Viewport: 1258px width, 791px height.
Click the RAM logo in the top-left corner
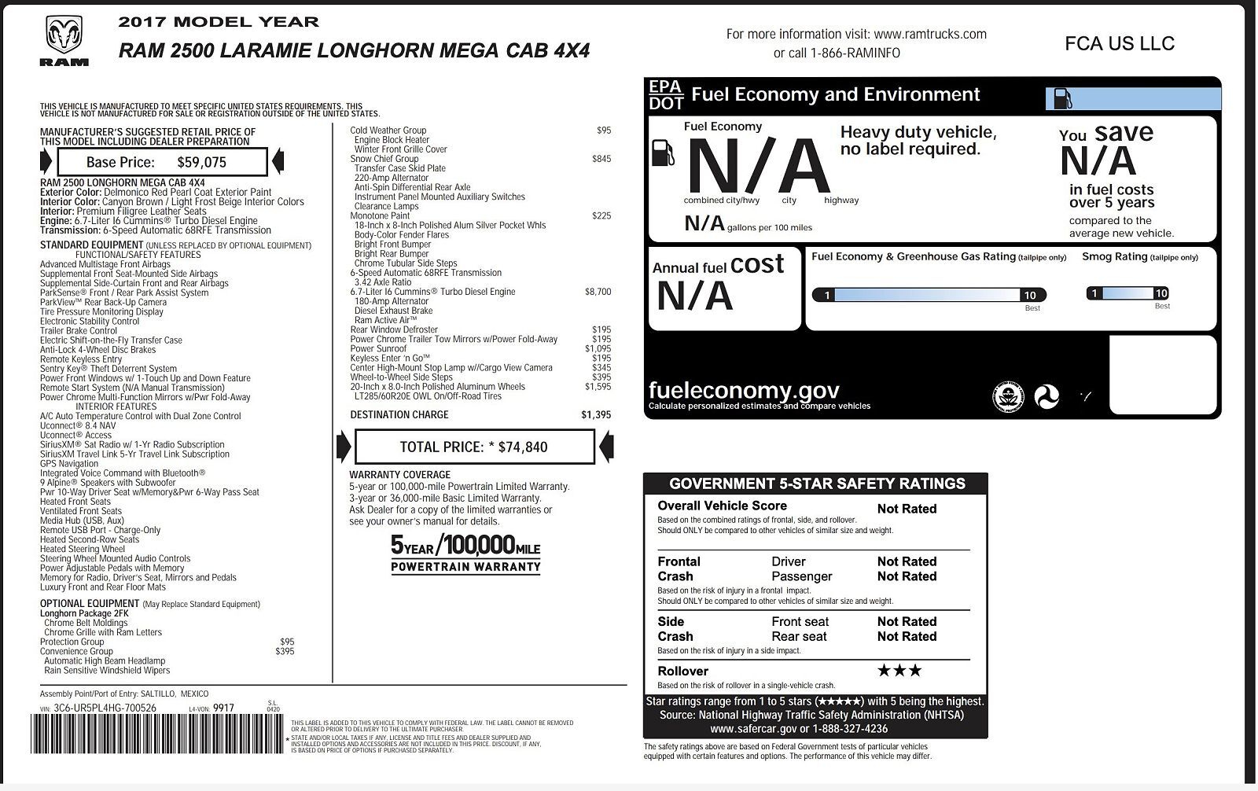click(64, 41)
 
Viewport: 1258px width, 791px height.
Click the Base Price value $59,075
click(201, 163)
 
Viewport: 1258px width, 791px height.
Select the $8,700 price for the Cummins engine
click(598, 292)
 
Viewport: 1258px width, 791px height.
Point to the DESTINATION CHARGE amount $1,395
click(595, 414)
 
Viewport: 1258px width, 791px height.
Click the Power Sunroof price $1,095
click(598, 348)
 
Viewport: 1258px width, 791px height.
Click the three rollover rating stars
click(899, 671)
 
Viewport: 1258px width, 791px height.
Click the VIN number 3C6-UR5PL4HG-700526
click(105, 708)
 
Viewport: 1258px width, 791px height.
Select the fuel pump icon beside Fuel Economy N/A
click(663, 153)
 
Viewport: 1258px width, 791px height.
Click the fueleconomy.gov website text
click(744, 390)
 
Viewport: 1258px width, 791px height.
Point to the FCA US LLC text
click(1120, 43)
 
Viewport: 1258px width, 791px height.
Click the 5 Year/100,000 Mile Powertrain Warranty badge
click(465, 554)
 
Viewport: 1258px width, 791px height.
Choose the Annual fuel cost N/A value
click(694, 296)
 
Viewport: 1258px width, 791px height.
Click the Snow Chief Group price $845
click(601, 159)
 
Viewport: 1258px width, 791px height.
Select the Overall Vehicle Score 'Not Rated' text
click(907, 509)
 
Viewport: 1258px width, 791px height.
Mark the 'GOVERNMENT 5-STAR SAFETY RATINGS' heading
click(817, 484)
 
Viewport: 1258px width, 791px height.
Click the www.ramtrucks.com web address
click(929, 34)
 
